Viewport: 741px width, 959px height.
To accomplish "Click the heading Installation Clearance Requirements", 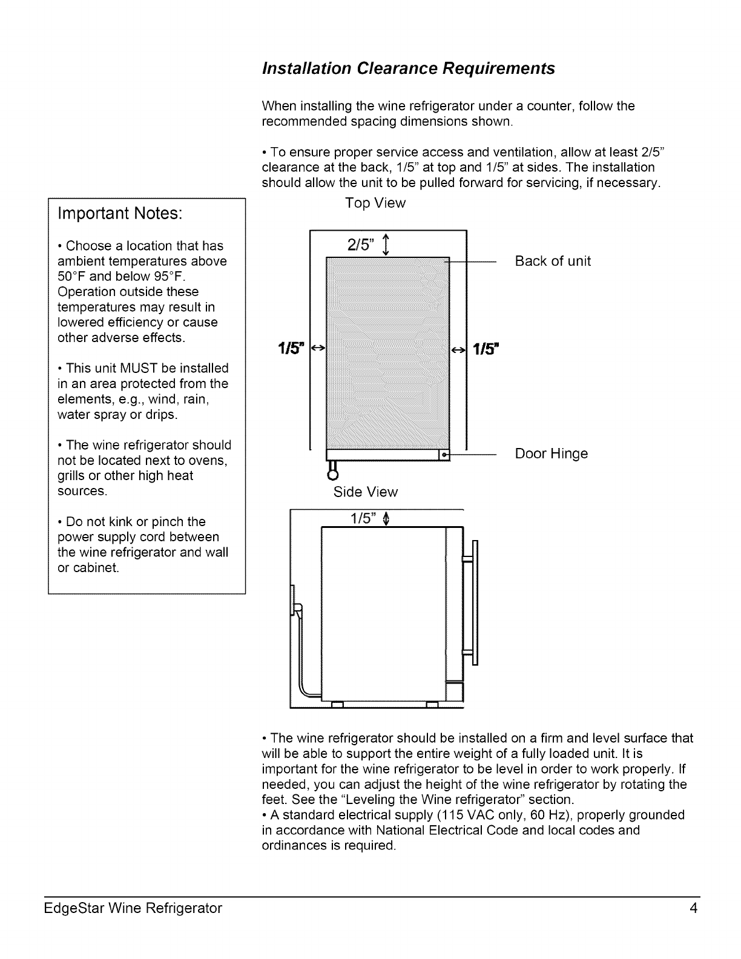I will point(408,69).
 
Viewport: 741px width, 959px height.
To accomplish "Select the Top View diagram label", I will point(375,203).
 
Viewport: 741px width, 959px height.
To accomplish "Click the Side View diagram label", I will point(366,492).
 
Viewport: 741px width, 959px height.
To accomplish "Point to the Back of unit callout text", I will point(553,262).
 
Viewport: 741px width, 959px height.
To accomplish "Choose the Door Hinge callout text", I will point(551,454).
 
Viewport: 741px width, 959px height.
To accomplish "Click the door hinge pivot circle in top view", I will point(444,454).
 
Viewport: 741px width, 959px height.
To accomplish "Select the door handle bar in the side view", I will point(475,602).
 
